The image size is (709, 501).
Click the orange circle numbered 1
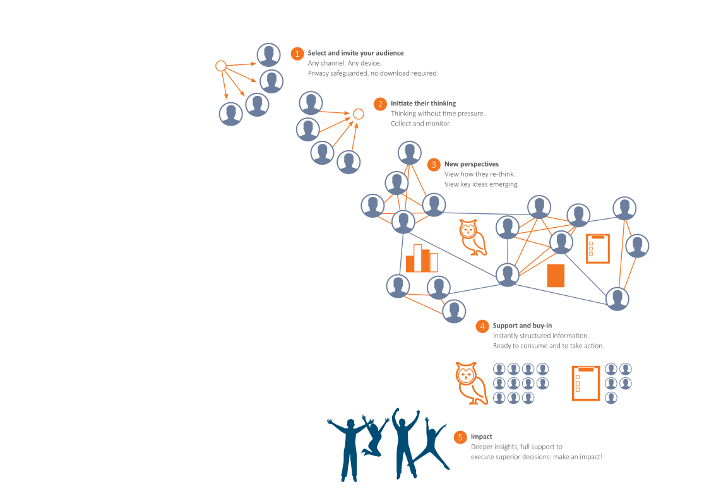click(x=297, y=54)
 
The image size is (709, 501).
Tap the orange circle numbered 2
click(x=380, y=104)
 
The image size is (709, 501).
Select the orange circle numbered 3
click(x=434, y=165)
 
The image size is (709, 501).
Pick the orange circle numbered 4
click(x=482, y=326)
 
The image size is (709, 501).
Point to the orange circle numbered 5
click(x=460, y=437)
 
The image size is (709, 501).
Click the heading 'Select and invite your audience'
click(x=355, y=53)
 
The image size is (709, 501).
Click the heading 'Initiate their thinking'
click(x=423, y=103)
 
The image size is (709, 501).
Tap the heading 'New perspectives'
click(x=472, y=164)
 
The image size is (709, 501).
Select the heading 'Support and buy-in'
click(x=522, y=325)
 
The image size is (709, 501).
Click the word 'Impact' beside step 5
click(x=482, y=437)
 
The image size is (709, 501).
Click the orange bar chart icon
click(x=422, y=259)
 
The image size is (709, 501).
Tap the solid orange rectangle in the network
click(x=556, y=276)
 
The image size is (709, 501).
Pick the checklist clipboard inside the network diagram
click(x=598, y=249)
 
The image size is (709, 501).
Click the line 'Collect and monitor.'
click(x=420, y=124)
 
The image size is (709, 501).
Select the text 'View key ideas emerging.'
click(x=482, y=184)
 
